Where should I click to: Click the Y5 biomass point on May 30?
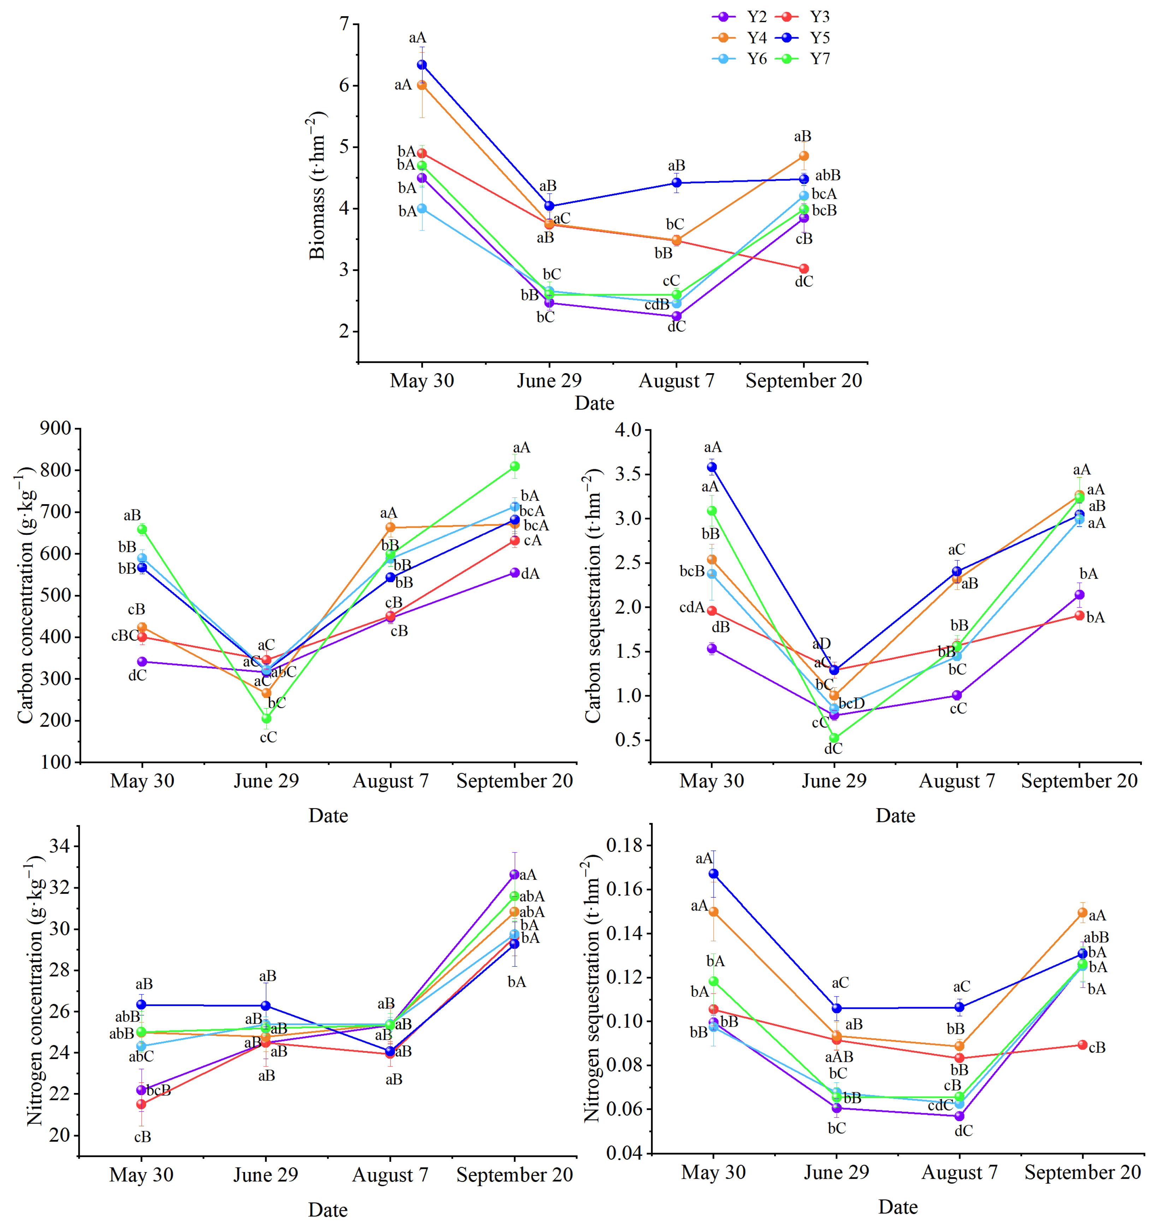click(x=422, y=65)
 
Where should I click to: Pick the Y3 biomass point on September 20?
click(x=804, y=269)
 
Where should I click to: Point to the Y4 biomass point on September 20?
click(x=804, y=156)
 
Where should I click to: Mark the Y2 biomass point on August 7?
click(x=676, y=316)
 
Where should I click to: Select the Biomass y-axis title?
click(x=317, y=185)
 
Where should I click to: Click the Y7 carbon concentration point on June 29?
click(x=266, y=718)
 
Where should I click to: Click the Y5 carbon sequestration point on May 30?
click(x=712, y=467)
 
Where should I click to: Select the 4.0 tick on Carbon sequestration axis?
click(x=628, y=430)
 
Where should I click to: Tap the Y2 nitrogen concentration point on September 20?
click(x=514, y=874)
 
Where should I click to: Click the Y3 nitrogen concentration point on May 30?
click(x=141, y=1104)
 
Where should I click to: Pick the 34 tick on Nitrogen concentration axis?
click(x=59, y=846)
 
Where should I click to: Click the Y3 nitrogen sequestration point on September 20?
click(x=1083, y=1045)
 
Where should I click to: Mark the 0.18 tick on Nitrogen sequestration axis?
click(x=624, y=845)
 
